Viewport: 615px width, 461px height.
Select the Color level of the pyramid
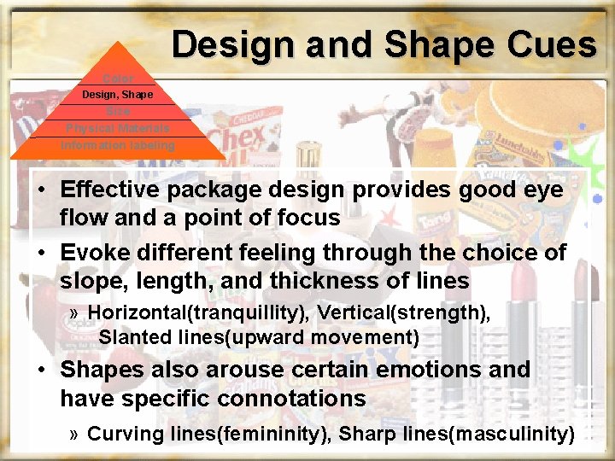118,79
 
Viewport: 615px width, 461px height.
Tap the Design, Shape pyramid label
118,95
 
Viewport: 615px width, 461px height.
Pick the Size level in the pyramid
118,111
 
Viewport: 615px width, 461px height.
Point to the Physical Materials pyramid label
118,128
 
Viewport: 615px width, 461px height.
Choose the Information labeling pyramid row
118,145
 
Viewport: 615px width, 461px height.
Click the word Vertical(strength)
403,313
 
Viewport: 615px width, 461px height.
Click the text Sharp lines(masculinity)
456,434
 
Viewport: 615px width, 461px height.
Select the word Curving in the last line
126,434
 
